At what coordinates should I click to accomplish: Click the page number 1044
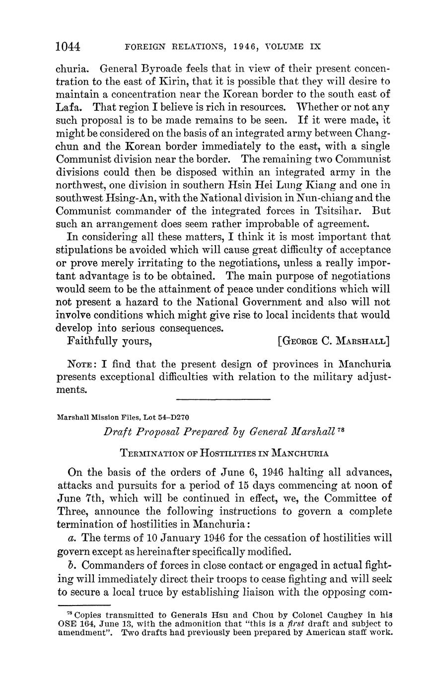pyautogui.click(x=68, y=47)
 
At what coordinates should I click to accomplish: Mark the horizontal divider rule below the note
pyautogui.click(x=223, y=399)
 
